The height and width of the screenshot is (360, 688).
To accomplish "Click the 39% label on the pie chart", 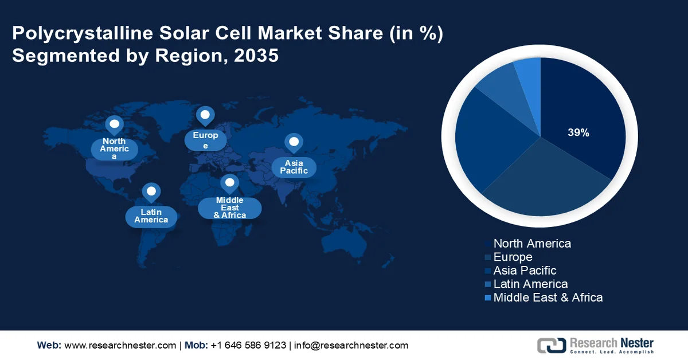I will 578,132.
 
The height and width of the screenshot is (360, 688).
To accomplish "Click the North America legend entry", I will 531,243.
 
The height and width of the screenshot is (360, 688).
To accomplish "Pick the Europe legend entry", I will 513,257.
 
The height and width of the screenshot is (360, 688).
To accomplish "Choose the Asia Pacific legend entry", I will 525,270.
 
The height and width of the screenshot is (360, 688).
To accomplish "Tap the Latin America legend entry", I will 530,284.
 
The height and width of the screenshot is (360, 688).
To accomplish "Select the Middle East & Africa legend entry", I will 548,298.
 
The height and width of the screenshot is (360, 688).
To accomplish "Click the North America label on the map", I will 114,148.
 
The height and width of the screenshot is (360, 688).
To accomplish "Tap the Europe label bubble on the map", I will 205,140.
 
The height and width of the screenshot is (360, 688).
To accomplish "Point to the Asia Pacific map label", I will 294,167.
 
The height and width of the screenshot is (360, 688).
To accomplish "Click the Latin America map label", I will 151,216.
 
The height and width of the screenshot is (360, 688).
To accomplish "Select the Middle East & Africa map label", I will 229,208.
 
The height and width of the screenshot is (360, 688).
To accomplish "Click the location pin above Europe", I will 205,115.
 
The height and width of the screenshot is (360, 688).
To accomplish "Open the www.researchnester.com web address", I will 120,345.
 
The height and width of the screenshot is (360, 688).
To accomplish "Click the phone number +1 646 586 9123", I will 248,345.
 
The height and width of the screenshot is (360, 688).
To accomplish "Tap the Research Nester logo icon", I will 551,345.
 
